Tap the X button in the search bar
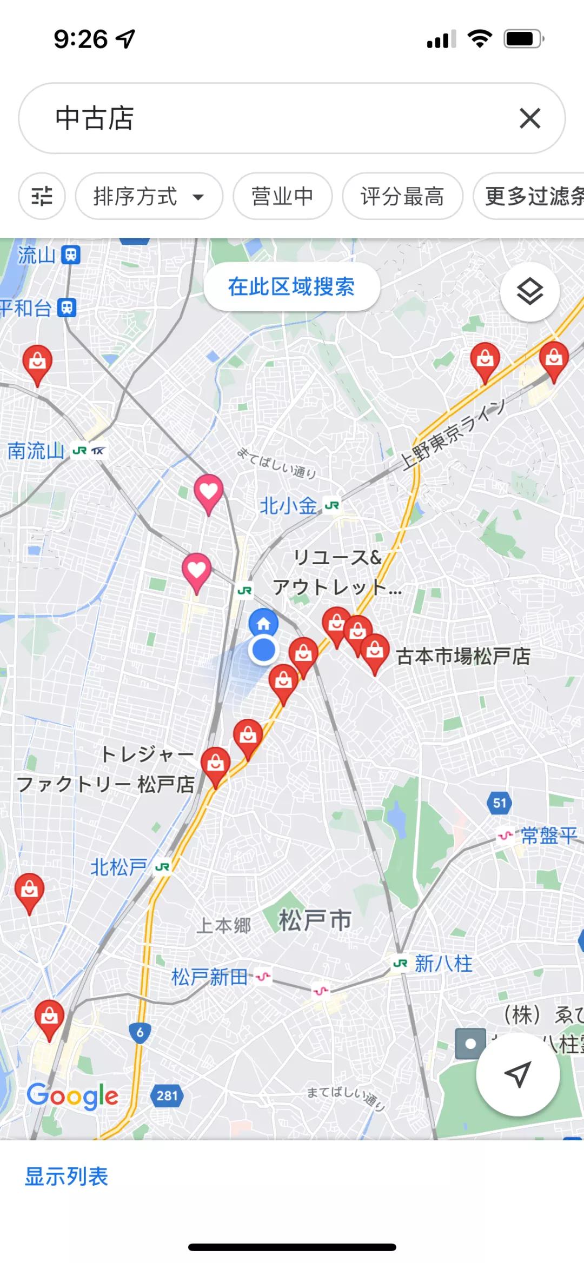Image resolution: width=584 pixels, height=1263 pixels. [x=530, y=118]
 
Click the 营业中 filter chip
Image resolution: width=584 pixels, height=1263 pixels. [x=282, y=196]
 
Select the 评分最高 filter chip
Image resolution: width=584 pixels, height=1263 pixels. [x=402, y=196]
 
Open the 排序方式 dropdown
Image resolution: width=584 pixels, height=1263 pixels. [x=149, y=196]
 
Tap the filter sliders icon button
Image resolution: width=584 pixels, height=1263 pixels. [x=42, y=196]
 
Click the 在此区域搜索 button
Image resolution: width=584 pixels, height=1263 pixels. [x=291, y=287]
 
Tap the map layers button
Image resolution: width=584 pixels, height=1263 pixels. [x=529, y=292]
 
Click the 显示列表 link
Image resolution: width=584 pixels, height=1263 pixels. [x=67, y=1177]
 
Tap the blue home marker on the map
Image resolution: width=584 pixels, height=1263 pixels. [x=263, y=623]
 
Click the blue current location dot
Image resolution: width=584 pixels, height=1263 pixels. [x=264, y=650]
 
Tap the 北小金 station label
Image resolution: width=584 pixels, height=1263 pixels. [x=288, y=506]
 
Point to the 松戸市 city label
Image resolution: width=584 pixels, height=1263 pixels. [x=315, y=920]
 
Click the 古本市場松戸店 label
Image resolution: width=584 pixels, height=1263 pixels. [x=463, y=656]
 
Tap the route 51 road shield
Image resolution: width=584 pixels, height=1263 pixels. [x=500, y=803]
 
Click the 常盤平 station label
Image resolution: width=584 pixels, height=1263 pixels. [x=548, y=836]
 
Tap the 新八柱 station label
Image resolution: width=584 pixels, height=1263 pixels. [x=443, y=964]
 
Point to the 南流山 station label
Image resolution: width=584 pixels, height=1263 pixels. [x=36, y=451]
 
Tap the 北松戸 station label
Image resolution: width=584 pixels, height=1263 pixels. [x=118, y=867]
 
